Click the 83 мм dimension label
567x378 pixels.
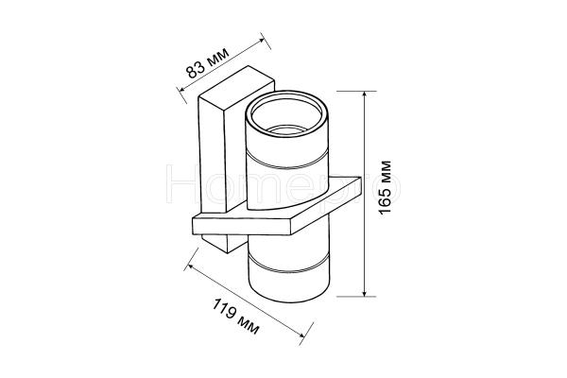coord(208,63)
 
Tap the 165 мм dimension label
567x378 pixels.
coord(386,187)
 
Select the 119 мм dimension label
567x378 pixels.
coord(235,317)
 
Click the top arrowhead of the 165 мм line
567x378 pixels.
coord(365,94)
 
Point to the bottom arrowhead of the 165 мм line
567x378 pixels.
coord(365,293)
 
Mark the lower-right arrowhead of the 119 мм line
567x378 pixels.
coord(301,335)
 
